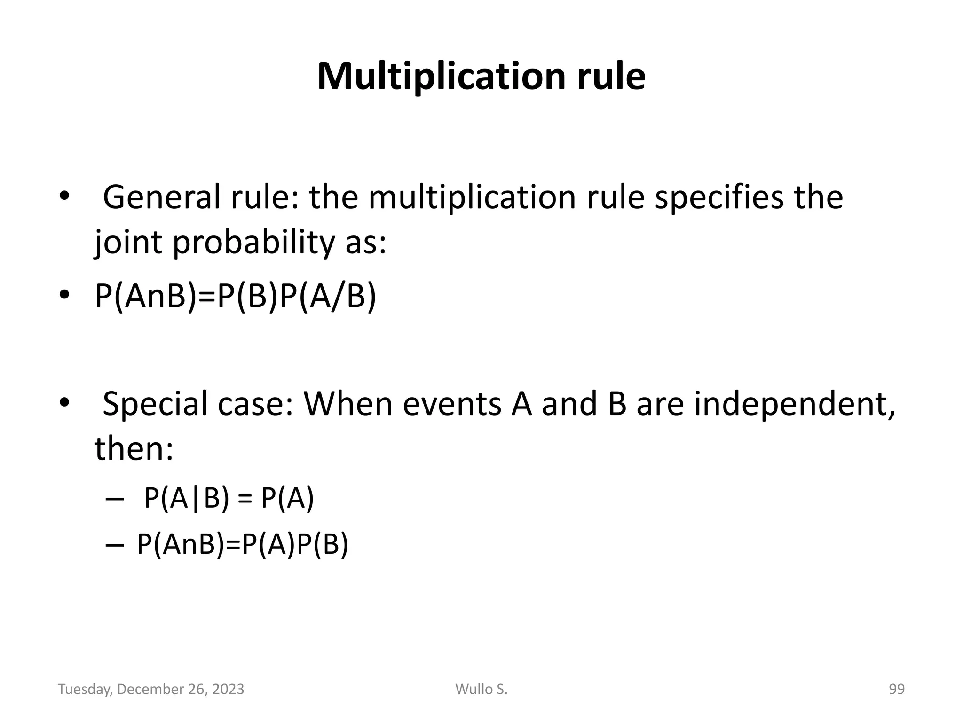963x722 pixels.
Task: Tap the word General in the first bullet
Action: point(161,197)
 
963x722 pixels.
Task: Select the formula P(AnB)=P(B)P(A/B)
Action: point(236,297)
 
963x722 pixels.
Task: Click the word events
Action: point(451,404)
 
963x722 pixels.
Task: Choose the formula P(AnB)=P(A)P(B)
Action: point(243,545)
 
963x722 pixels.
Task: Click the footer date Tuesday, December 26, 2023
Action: point(151,689)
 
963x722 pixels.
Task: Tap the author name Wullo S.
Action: point(481,689)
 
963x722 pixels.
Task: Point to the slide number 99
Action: point(896,689)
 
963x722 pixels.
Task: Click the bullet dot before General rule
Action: point(64,197)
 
